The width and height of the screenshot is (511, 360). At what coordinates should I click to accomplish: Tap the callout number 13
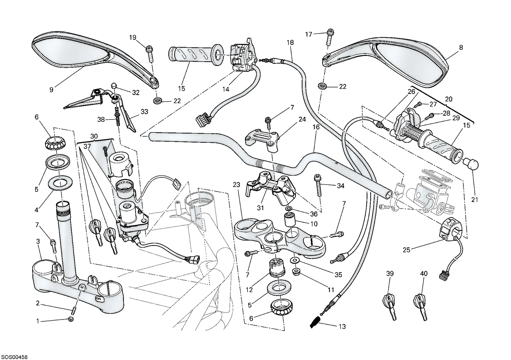click(x=342, y=327)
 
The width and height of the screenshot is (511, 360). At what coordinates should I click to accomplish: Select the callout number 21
click(x=475, y=200)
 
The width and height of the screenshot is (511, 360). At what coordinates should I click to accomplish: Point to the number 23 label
click(x=237, y=185)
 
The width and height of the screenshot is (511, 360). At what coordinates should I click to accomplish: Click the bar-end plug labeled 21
click(x=470, y=167)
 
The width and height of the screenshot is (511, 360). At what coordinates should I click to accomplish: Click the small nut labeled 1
click(x=71, y=320)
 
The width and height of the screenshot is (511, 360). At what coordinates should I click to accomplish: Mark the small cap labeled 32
click(x=114, y=86)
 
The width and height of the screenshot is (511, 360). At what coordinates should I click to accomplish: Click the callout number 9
click(x=51, y=90)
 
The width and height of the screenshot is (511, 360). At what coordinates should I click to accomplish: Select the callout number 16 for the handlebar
click(x=316, y=127)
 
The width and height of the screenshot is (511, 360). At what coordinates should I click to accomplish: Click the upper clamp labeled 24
click(x=262, y=139)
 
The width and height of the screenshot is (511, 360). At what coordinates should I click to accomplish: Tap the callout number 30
click(x=94, y=136)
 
